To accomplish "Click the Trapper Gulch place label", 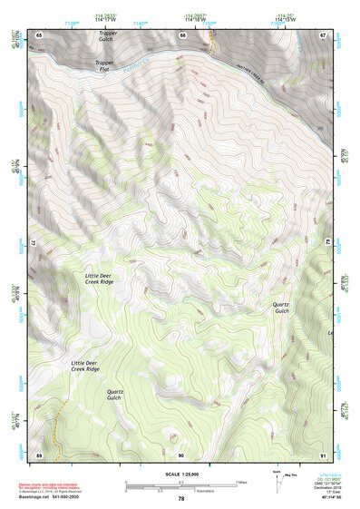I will [108, 36].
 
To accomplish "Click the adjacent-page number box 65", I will [38, 34].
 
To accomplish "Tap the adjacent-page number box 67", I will [324, 34].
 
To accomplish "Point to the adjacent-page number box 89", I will [38, 454].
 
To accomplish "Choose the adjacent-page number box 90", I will [181, 454].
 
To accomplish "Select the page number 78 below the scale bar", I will [180, 499].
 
